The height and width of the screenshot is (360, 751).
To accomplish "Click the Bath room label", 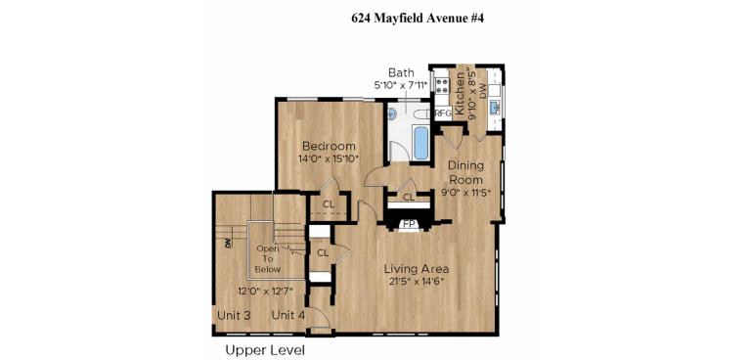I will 401,72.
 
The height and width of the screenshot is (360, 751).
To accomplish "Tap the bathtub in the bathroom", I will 420,142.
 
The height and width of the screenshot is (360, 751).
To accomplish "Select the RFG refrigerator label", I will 443,113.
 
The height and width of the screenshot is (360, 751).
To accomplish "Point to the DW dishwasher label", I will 495,102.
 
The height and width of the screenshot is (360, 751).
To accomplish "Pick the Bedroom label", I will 328,146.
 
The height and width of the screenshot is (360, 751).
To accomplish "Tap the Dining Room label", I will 465,172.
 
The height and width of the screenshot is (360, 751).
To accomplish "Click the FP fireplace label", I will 409,224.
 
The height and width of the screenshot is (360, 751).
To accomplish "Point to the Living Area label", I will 416,269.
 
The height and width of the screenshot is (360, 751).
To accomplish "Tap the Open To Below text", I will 268,259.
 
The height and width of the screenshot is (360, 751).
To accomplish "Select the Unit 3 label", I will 234,315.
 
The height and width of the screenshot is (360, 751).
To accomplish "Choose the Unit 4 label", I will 288,315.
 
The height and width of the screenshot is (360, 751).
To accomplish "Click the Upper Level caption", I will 265,349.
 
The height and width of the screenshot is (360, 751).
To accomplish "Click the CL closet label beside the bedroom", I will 329,205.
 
